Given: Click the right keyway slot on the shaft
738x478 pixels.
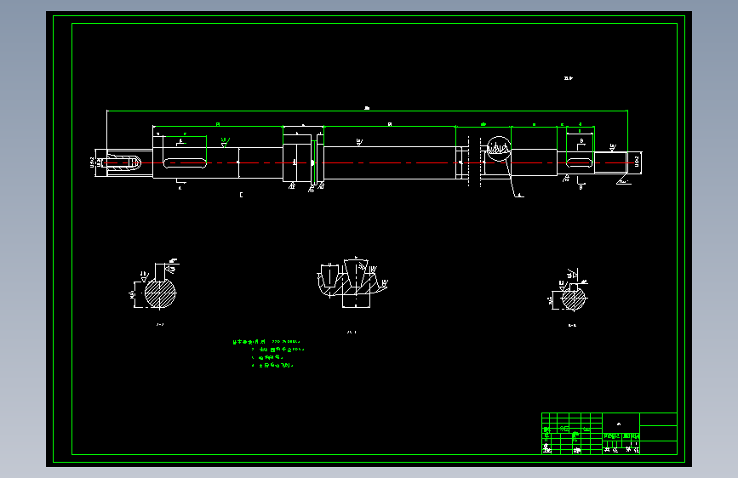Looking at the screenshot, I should coord(580,162).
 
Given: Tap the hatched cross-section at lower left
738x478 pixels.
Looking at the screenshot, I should coord(159,294).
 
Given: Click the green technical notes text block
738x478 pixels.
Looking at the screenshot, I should coord(269,353).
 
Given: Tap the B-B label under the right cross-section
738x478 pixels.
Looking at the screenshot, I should coord(572,325).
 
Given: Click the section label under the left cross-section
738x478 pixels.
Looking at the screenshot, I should coord(159,325).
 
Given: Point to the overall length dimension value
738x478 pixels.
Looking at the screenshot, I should coord(367,108).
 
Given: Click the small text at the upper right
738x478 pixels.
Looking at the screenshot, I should coord(569,78).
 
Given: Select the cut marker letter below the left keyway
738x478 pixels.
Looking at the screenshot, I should coord(180,188).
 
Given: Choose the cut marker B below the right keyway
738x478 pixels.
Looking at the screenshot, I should coord(580,187).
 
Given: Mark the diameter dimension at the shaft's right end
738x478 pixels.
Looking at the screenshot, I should coord(638,161).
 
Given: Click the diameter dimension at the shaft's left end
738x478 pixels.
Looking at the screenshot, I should coord(92,161).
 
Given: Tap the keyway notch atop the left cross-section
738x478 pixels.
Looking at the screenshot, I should coord(161,270).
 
